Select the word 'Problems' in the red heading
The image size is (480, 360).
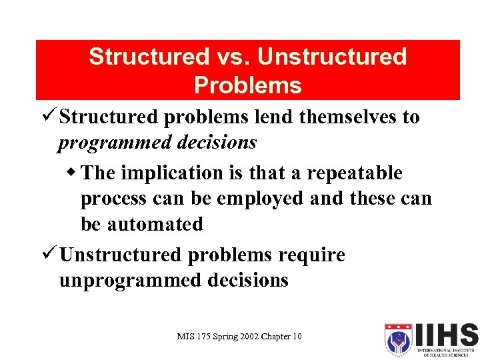pos(248,85)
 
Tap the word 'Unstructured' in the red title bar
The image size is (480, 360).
pos(332,57)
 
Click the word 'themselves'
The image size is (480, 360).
pos(353,117)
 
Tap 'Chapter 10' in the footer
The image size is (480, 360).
pos(283,337)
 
